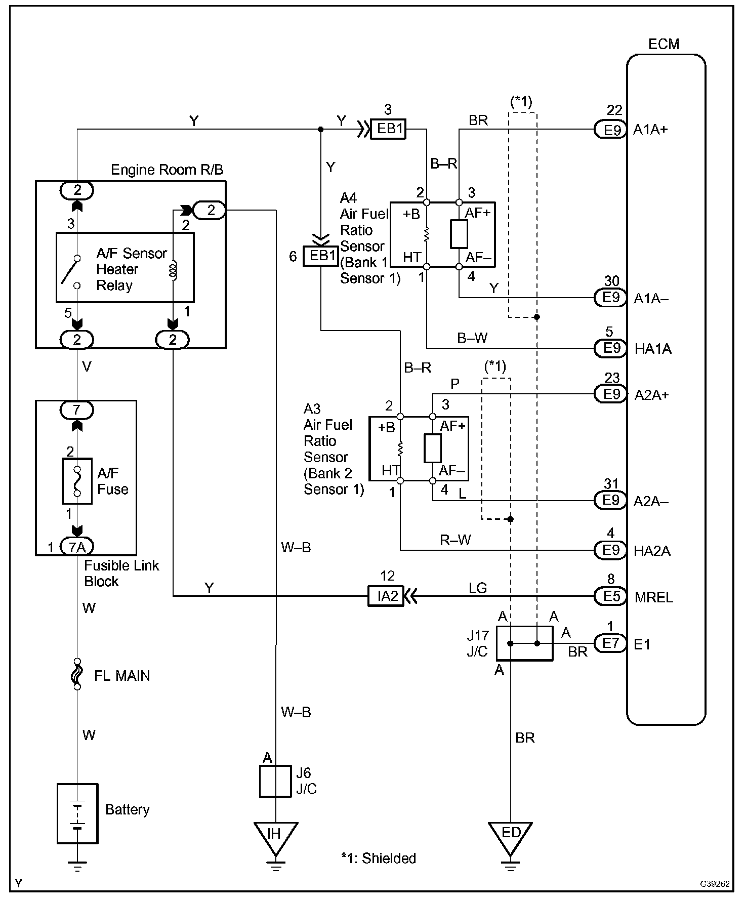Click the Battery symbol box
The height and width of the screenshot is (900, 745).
(x=77, y=813)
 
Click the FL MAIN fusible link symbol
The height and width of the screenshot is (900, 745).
(x=77, y=674)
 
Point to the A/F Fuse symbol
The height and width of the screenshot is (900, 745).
(x=77, y=481)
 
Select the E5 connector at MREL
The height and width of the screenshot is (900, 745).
(x=611, y=596)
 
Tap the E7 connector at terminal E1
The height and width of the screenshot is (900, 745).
(x=611, y=643)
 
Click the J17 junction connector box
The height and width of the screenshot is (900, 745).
(x=524, y=643)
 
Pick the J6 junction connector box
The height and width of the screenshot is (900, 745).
(x=275, y=781)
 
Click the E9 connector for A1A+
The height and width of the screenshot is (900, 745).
(x=611, y=130)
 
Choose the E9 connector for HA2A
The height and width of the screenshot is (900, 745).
(x=611, y=550)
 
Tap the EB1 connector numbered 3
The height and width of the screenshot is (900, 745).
(x=389, y=129)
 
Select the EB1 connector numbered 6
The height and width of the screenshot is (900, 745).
(x=320, y=256)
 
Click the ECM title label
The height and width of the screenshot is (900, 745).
(x=664, y=44)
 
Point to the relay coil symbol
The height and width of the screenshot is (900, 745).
(x=173, y=270)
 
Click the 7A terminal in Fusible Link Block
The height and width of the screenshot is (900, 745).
(x=77, y=547)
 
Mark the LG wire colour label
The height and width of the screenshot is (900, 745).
(x=478, y=588)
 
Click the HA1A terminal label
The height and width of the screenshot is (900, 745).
(x=652, y=349)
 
